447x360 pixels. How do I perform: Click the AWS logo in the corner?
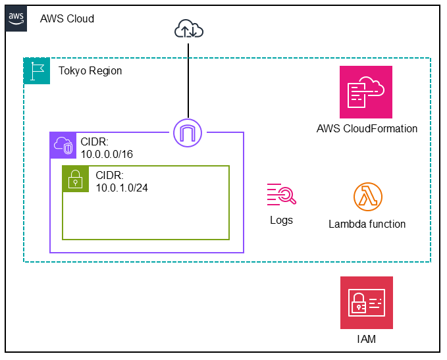coord(18,18)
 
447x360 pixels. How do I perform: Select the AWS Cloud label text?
coord(67,18)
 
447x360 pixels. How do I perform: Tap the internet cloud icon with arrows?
coord(189,29)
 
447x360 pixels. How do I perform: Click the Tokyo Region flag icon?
coord(37,71)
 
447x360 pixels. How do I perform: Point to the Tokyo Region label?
coord(90,71)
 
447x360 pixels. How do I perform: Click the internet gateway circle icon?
coord(188,132)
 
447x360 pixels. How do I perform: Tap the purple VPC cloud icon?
coord(63,145)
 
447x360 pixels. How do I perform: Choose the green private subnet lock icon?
coord(76,178)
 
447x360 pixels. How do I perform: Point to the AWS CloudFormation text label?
coord(367,128)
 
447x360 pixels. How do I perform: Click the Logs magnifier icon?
coord(281,195)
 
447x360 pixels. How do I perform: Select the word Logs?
coord(281,220)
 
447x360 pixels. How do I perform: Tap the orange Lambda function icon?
coord(367,196)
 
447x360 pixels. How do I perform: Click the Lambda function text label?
coord(367,224)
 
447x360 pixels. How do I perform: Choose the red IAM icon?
coord(367,302)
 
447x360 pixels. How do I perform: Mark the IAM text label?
coord(367,340)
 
